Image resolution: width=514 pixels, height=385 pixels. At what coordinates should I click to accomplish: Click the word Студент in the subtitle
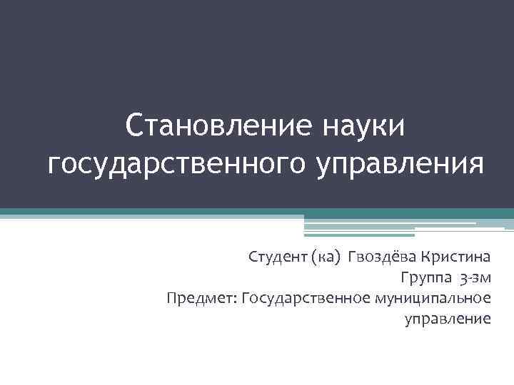(x=277, y=257)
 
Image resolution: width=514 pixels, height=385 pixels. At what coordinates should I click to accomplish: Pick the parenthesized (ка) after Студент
(x=326, y=257)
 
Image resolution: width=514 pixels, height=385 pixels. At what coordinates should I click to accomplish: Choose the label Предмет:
(x=202, y=297)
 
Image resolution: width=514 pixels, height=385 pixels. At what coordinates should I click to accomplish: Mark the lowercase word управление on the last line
(x=448, y=318)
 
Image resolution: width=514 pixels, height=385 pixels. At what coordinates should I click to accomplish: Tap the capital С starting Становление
(x=133, y=126)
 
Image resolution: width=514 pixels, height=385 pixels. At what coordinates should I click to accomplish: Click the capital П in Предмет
(x=171, y=297)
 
